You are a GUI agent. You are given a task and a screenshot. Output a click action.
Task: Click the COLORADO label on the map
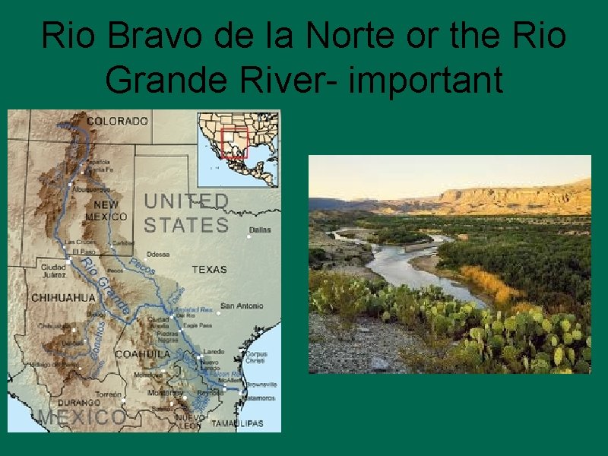[117, 121]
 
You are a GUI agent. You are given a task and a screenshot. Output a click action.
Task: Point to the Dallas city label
[259, 230]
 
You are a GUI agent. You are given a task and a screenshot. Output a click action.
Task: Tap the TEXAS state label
[209, 269]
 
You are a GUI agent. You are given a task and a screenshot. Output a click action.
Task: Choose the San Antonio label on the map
[242, 306]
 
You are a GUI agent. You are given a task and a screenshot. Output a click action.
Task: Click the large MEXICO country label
[82, 417]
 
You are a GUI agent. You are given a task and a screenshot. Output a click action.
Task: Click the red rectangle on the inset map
[234, 142]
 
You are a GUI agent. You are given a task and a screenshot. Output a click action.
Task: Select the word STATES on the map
[186, 225]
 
